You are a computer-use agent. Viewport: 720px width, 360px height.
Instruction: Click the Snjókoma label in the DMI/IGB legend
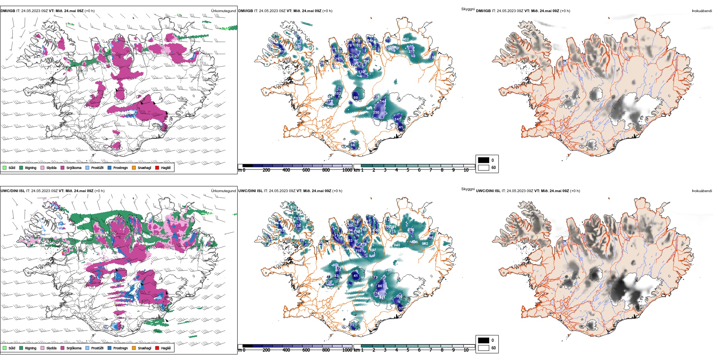pos(74,168)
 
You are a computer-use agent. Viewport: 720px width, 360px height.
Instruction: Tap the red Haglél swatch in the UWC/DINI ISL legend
pos(157,348)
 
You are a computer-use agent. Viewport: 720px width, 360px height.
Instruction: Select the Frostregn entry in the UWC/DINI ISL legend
pos(120,348)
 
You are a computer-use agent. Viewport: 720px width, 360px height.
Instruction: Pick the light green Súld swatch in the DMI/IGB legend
pos(5,167)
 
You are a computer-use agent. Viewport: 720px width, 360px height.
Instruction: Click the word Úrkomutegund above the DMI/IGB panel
pos(223,11)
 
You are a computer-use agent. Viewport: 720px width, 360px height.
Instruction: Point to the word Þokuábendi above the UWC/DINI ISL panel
pos(702,191)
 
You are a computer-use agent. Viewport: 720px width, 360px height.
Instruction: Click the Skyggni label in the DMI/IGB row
pos(468,9)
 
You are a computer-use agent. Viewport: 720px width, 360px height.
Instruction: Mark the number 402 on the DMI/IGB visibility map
pos(405,39)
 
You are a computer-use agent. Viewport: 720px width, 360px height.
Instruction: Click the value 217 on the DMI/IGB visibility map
pos(412,52)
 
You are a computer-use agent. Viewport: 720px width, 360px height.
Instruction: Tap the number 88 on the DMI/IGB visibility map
pos(353,145)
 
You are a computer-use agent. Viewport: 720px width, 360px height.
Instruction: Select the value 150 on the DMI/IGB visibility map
pos(376,113)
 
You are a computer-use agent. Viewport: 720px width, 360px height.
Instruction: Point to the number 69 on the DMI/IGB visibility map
pos(355,98)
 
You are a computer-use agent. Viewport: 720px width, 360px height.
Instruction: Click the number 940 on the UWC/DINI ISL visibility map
pos(397,245)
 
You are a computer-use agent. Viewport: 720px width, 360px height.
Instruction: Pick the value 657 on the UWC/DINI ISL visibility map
pos(373,250)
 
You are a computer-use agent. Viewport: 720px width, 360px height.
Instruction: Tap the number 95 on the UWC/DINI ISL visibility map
pos(352,325)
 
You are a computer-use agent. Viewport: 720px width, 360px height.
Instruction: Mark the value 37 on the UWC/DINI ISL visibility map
pos(401,308)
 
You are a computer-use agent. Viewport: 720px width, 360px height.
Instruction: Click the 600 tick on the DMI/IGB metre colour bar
pos(306,171)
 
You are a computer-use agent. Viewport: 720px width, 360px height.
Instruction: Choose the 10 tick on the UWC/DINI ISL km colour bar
pos(466,350)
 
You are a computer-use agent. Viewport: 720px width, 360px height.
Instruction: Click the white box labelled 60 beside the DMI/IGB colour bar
pos(484,167)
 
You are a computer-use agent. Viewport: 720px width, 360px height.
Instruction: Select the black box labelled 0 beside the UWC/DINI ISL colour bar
pos(484,340)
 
